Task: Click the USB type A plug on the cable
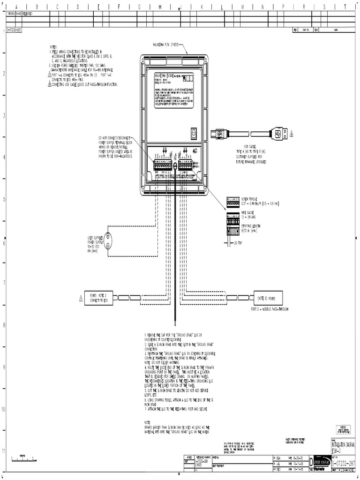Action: [280, 134]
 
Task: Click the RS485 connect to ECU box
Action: [99, 297]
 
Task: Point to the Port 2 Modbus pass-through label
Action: [270, 310]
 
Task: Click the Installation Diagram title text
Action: [343, 446]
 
